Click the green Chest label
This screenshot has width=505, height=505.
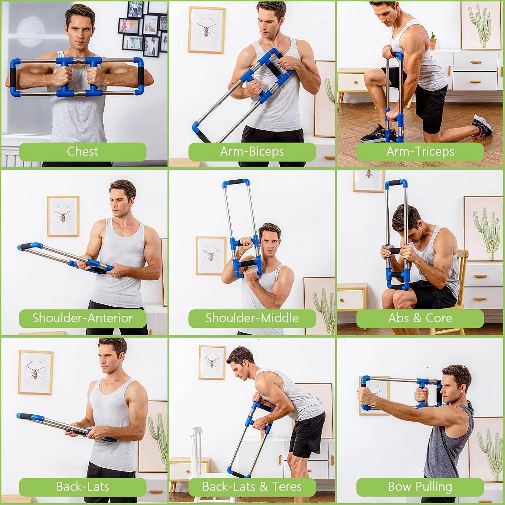click(82, 151)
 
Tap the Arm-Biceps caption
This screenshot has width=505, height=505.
click(252, 151)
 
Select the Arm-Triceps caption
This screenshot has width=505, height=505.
click(420, 151)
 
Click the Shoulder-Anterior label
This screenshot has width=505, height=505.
click(82, 318)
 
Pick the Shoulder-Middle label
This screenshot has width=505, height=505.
click(252, 318)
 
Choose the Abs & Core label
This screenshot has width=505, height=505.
click(420, 318)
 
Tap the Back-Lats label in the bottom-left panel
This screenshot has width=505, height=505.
click(82, 486)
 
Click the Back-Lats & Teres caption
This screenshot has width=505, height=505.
click(252, 486)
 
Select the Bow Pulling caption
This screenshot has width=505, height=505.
click(420, 486)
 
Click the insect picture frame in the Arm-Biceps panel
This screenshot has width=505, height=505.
click(206, 30)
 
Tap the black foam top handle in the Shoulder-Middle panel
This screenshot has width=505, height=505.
click(236, 183)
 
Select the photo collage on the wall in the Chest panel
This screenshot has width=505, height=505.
click(143, 29)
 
